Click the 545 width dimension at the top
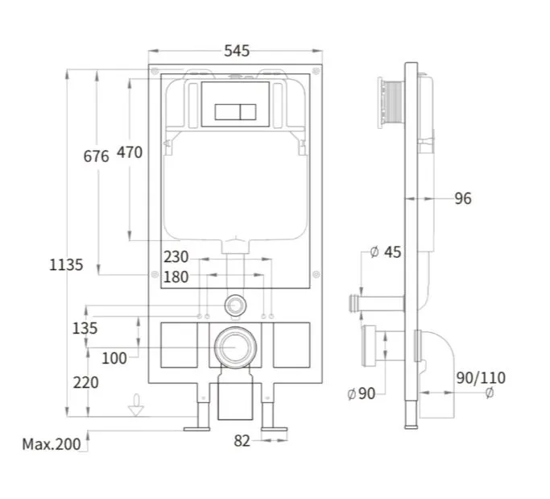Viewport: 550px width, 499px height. click(x=237, y=51)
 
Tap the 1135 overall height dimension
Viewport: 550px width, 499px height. click(x=66, y=264)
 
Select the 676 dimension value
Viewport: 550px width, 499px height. click(x=96, y=156)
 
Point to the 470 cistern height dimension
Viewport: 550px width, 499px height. click(x=130, y=152)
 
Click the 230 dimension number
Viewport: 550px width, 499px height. click(x=176, y=256)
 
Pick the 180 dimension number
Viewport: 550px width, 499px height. click(x=176, y=277)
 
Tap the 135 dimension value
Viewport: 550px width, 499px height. click(x=85, y=328)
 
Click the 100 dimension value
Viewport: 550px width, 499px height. click(x=114, y=359)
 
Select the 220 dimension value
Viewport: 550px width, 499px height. click(x=86, y=382)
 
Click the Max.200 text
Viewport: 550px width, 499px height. click(x=52, y=444)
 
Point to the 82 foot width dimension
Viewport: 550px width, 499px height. click(x=242, y=441)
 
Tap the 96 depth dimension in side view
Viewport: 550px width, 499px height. click(x=463, y=199)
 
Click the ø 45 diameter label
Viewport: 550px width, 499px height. click(x=386, y=252)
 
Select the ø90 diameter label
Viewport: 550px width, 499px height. click(x=362, y=393)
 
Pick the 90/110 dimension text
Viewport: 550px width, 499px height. click(x=481, y=378)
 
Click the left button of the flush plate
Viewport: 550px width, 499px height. click(x=227, y=112)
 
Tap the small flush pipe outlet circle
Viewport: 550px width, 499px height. click(x=235, y=306)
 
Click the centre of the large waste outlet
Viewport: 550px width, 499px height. click(x=235, y=347)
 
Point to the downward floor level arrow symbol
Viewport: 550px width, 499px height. click(x=136, y=405)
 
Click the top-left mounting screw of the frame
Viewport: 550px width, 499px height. click(x=155, y=71)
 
